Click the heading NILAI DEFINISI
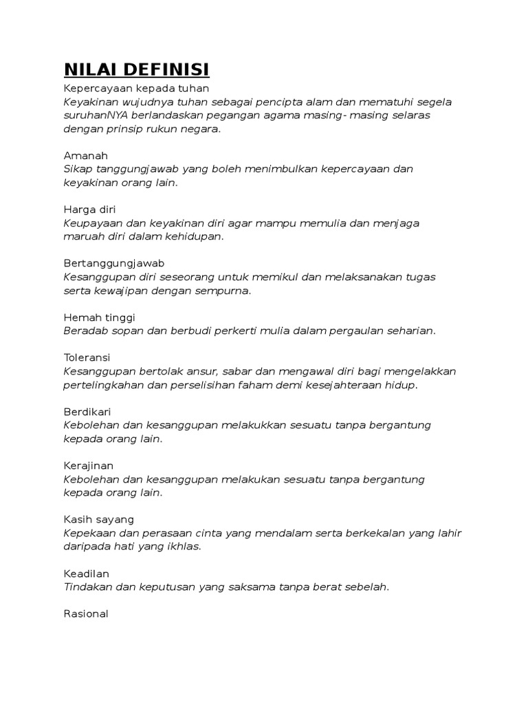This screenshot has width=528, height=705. coord(136,71)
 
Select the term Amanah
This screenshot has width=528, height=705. coord(86,156)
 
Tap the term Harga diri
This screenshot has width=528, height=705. coord(91,209)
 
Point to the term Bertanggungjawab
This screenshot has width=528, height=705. coord(113,264)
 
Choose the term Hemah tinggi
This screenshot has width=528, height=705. coord(99,317)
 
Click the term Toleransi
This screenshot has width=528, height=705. coord(87,358)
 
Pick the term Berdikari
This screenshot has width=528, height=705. coord(87,412)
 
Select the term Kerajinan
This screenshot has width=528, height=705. coord(89,465)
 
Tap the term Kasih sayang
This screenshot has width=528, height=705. coord(98,519)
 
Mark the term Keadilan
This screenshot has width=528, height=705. coord(87,573)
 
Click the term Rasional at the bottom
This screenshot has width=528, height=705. coord(86,613)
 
